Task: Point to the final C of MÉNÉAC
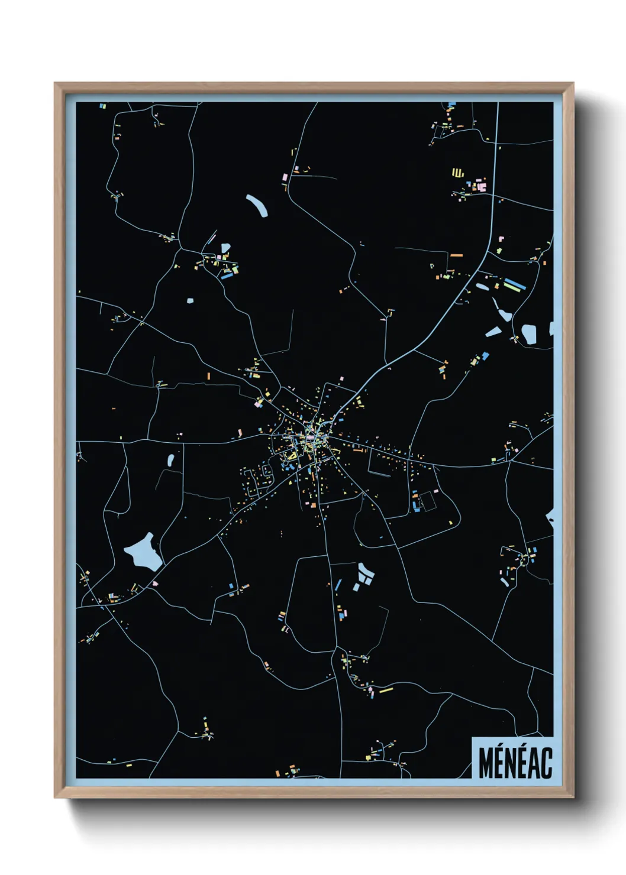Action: [x=547, y=763]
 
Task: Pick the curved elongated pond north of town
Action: [x=257, y=205]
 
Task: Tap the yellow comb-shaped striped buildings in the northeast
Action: [x=457, y=173]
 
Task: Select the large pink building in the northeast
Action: [x=482, y=187]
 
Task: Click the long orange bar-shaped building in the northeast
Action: [x=456, y=255]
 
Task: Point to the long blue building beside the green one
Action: [x=514, y=283]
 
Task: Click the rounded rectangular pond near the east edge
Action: [x=528, y=334]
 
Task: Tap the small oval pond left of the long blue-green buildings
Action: [x=482, y=288]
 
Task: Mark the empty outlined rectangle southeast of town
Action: [x=428, y=501]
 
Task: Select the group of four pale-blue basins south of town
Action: [x=363, y=576]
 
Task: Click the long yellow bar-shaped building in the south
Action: [x=386, y=689]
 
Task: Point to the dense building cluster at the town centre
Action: [x=308, y=440]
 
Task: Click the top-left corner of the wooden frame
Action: [x=56, y=84]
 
